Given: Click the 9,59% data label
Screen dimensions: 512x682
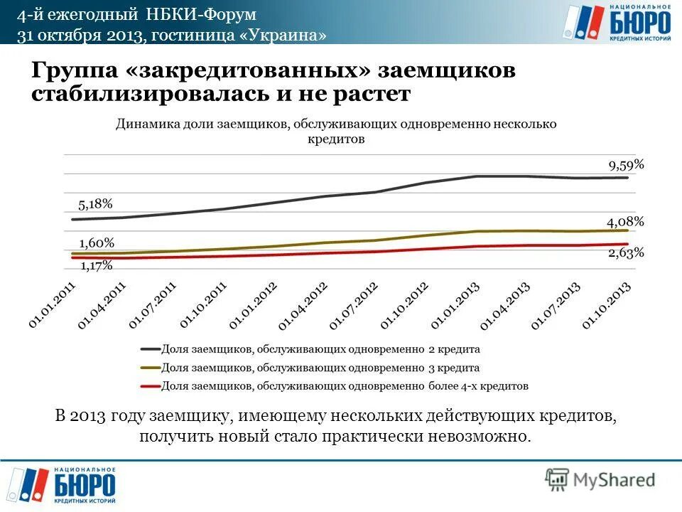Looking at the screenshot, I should (x=626, y=165).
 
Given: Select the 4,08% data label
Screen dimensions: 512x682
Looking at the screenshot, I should (x=625, y=221).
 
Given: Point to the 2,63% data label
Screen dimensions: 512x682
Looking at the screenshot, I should (x=626, y=252).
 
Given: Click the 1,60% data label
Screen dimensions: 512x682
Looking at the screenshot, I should (x=96, y=242).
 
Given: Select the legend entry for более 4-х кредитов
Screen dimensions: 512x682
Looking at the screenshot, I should (x=335, y=386).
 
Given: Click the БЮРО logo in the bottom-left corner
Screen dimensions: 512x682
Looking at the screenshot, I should (x=67, y=486).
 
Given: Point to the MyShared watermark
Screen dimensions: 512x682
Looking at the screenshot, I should (x=600, y=480).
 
